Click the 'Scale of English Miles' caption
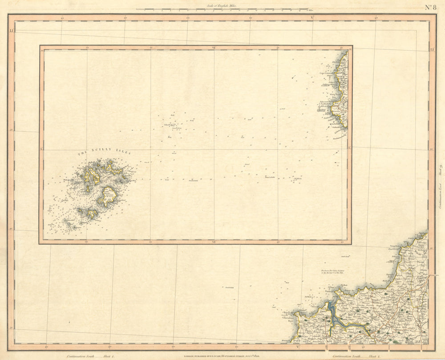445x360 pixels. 222,6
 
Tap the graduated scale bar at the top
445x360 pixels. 222,9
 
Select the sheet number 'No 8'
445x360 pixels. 430,7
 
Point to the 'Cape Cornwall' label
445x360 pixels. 327,73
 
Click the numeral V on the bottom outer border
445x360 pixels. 298,346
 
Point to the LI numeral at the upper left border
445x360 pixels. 11,31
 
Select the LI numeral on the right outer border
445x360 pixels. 432,49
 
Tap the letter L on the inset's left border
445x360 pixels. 41,149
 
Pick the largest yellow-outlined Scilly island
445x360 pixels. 107,196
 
